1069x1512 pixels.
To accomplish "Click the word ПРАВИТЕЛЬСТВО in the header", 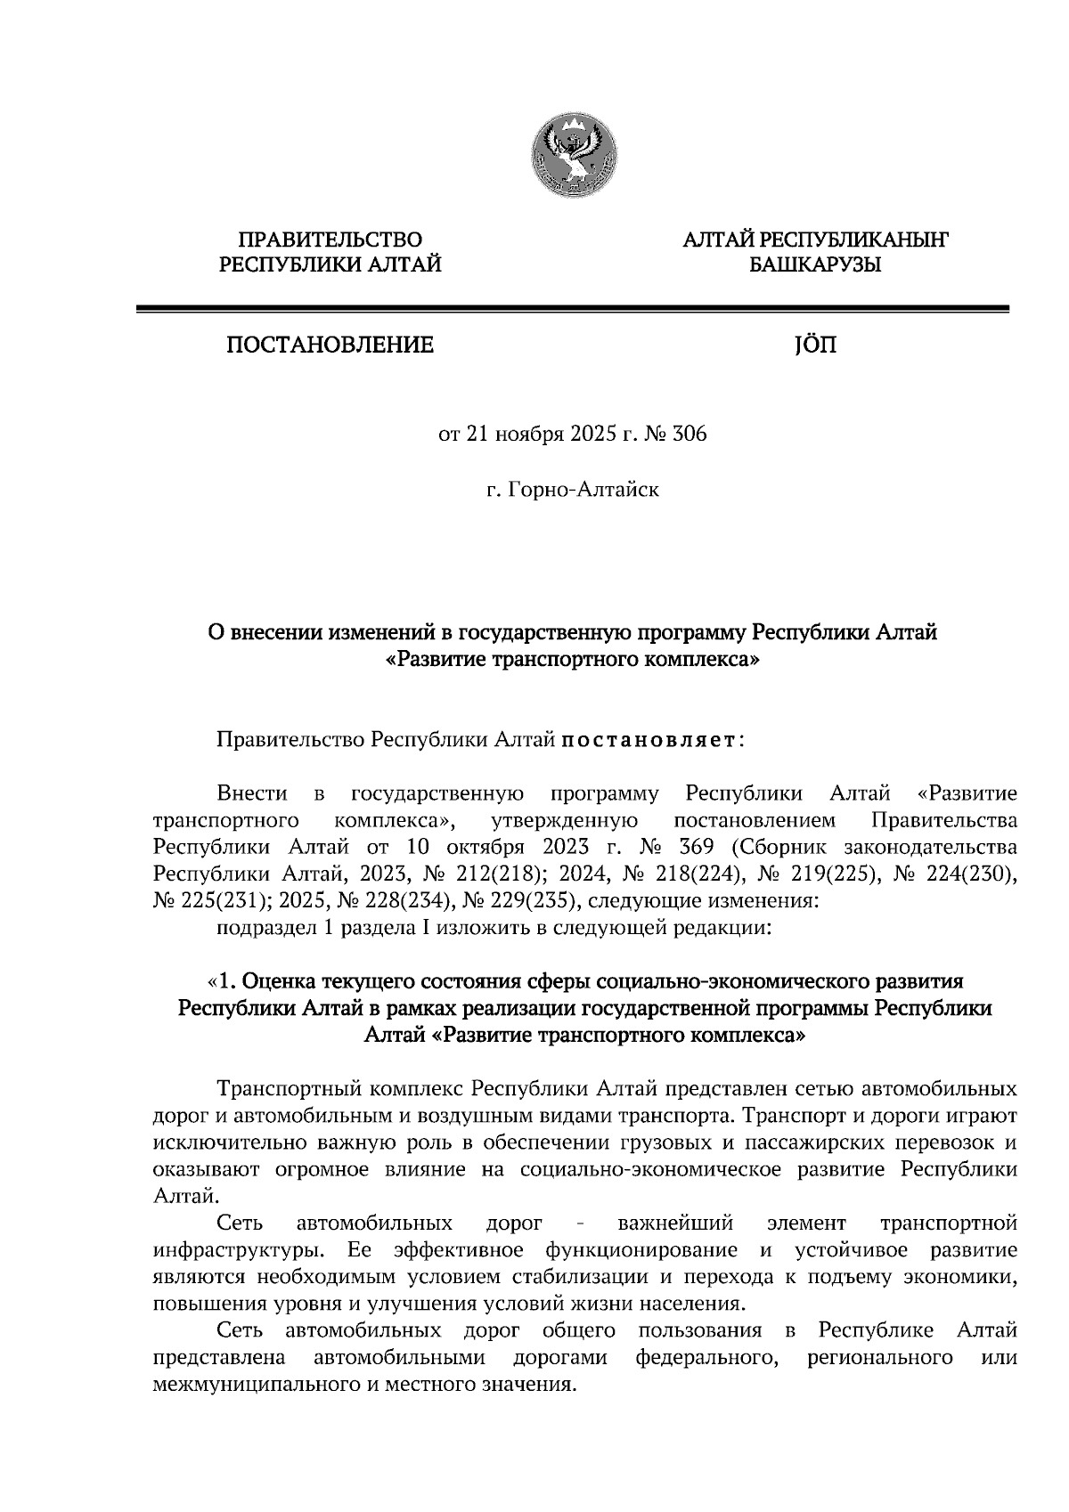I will point(330,240).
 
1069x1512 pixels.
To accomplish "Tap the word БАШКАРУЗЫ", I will point(814,264).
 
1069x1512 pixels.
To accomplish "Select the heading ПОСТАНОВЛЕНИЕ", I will point(330,345).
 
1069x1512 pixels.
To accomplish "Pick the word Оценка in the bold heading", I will point(277,981).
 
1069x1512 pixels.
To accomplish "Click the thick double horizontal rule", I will point(572,309).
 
